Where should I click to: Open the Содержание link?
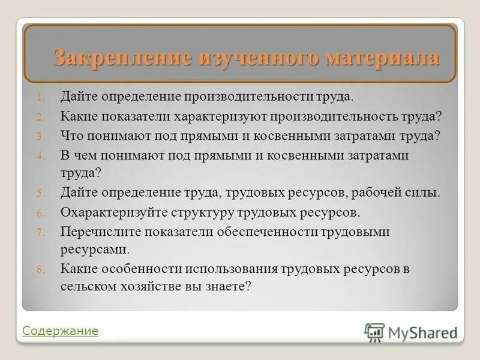[60, 331]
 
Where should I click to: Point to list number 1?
[41, 98]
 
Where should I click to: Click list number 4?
[41, 156]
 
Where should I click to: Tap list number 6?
[41, 213]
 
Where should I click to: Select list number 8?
[41, 270]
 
